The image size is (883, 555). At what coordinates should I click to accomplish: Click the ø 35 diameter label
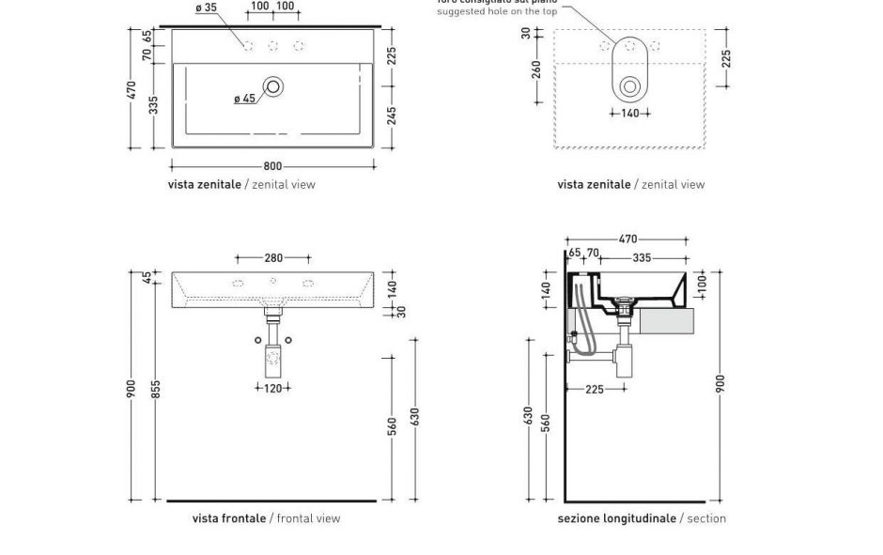pos(206,8)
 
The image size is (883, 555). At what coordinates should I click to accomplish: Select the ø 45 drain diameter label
pos(244,99)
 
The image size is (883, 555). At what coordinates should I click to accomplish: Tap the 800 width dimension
pos(272,167)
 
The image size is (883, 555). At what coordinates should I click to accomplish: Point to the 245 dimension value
pos(392,115)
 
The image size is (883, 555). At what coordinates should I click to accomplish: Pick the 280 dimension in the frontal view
pos(272,257)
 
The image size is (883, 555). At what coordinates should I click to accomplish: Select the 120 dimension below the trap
pos(272,387)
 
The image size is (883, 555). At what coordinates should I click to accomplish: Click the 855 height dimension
pos(156,387)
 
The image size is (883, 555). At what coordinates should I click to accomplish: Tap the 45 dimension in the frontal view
pos(147,277)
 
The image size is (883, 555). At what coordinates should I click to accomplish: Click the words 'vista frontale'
pos(228,518)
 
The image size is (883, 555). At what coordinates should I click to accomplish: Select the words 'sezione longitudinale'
pos(616,518)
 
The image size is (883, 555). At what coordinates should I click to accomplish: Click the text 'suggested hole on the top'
pos(496,11)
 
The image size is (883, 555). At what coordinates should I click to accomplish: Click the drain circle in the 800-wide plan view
pos(273,86)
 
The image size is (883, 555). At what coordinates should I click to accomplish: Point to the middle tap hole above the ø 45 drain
pos(273,45)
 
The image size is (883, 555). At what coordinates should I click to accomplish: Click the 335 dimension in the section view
pos(642,257)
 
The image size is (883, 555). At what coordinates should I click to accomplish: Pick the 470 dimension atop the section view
pos(627,239)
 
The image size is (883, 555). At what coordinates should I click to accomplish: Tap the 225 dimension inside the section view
pos(595,389)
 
